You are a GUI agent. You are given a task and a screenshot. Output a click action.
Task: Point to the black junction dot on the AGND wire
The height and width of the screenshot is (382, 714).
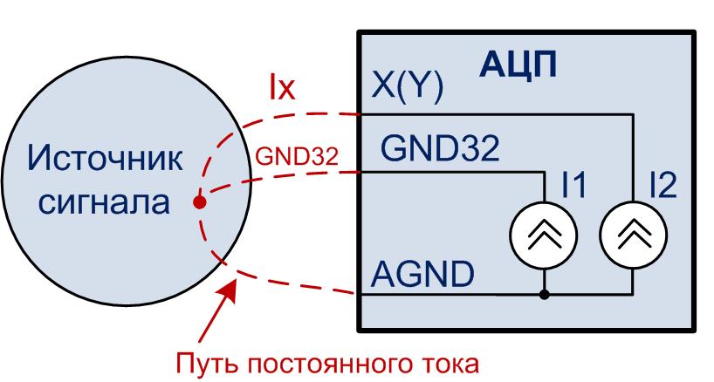[x=544, y=296]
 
